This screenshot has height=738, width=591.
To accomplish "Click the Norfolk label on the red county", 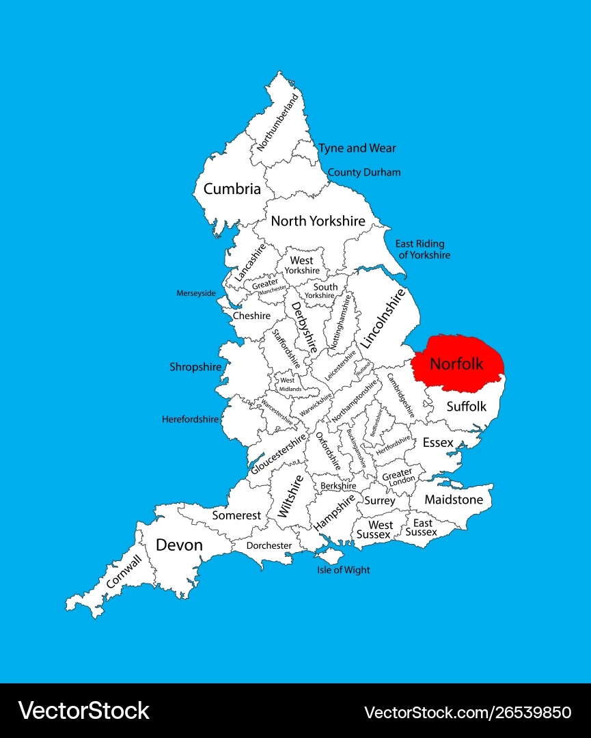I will tap(456, 364).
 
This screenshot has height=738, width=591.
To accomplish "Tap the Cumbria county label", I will tap(232, 189).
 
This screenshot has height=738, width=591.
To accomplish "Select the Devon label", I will tap(180, 545).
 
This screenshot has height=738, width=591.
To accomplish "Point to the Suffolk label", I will tap(467, 406).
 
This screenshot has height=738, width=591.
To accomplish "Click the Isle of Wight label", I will tap(343, 570).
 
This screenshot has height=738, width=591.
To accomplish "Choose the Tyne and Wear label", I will tap(357, 148).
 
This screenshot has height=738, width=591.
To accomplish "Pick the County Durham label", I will tap(364, 172).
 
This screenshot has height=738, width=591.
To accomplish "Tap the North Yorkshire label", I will tap(318, 221).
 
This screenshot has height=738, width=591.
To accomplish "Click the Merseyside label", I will tap(196, 293).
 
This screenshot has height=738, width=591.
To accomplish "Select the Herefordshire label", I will tap(191, 419).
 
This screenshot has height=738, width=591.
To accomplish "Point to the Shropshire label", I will tap(195, 367).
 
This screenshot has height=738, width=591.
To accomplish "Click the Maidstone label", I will tap(454, 500).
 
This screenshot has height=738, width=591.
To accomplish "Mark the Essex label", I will tap(438, 443).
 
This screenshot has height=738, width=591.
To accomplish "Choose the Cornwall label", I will tap(124, 571).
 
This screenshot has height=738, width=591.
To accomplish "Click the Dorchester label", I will tap(269, 545).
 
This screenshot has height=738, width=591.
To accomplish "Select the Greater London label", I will tap(397, 476).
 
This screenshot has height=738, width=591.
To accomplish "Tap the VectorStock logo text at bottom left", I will tap(84, 711).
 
